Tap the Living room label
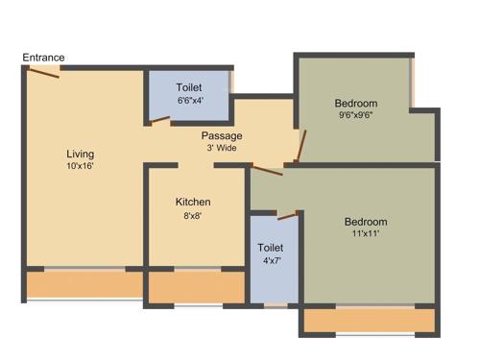(80, 153)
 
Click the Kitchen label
(192, 203)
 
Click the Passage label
(222, 135)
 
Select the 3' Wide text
(223, 148)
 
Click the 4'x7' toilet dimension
(272, 261)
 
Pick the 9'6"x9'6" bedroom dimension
(356, 116)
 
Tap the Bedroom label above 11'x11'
(366, 222)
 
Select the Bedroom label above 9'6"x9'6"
(356, 104)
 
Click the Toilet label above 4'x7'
(272, 249)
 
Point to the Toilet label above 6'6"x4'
(189, 86)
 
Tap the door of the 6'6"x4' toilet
(159, 120)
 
